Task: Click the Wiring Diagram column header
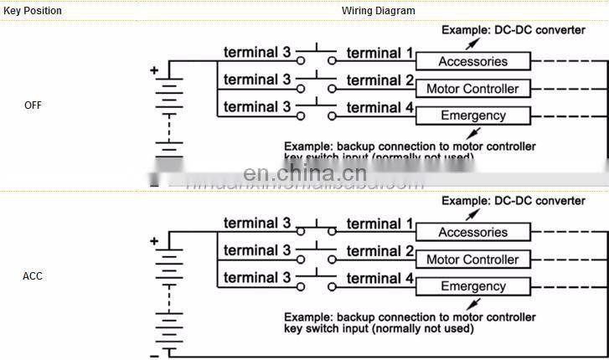tap(378, 11)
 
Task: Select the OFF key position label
tap(33, 105)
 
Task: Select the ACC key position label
tap(33, 276)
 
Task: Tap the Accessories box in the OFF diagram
tap(473, 62)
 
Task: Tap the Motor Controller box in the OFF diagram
tap(473, 89)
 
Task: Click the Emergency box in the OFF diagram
tap(473, 116)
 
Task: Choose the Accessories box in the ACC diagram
tap(473, 233)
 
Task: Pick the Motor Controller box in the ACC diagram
tap(473, 260)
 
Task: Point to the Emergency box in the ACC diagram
tap(473, 286)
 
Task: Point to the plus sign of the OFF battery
tap(154, 71)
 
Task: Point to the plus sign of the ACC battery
tap(154, 242)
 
